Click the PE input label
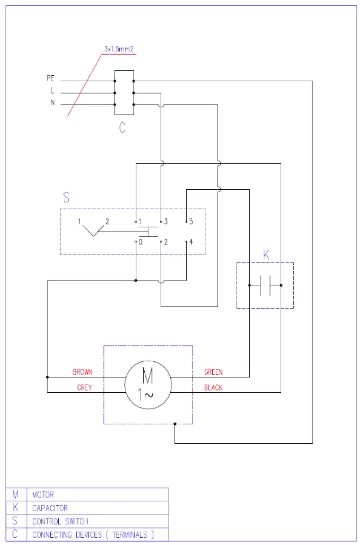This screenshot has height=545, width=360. coord(51,79)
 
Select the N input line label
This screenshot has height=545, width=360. coord(53,103)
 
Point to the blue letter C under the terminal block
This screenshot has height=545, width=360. coord(122,129)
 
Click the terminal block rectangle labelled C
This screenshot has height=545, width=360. coord(124,92)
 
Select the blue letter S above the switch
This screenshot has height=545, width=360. coord(67,198)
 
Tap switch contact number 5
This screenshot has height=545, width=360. coord(191,222)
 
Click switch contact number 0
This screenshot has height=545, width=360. coord(140,242)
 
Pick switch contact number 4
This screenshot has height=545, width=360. coord(191,242)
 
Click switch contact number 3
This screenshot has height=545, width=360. coord(165,222)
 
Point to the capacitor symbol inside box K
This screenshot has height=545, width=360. coord(265,284)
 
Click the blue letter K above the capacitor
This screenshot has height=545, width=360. coord(265,255)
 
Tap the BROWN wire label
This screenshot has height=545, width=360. coord(82,372)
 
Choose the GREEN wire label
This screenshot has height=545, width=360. coord(213,372)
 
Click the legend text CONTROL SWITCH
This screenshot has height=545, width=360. coord(60,521)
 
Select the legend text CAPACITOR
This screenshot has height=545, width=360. coord(50,508)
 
